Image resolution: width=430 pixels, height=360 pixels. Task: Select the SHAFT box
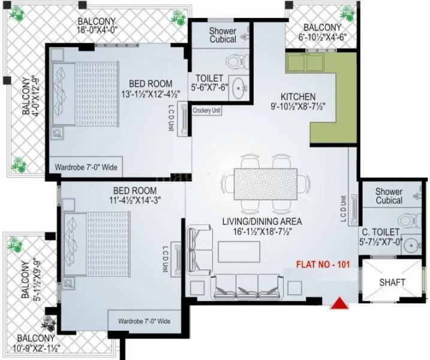(x=393, y=282)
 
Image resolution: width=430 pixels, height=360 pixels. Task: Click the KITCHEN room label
(x=298, y=96)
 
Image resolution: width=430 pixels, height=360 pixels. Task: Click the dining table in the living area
(x=265, y=183)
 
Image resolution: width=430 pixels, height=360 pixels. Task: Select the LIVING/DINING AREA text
(x=262, y=221)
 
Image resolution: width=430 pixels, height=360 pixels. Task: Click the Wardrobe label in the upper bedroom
(x=86, y=167)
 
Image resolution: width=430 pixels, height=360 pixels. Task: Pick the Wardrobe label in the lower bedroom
(x=144, y=321)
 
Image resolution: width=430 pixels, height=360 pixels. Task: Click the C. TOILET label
(x=380, y=232)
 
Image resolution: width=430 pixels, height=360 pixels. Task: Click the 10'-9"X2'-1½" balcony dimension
(x=39, y=347)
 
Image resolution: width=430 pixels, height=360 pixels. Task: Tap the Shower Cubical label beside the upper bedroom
(x=222, y=35)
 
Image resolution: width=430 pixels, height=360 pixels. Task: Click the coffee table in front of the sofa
(x=239, y=252)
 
